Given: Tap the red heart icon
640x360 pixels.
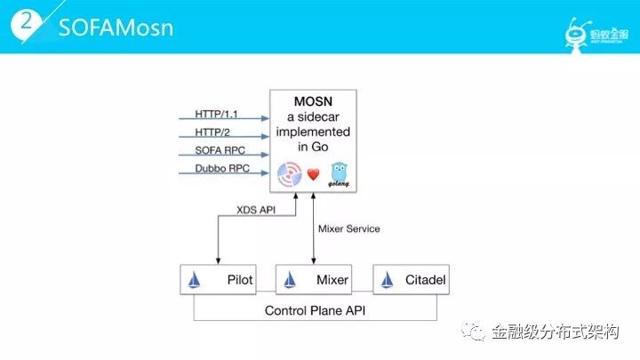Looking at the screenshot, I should [x=313, y=174].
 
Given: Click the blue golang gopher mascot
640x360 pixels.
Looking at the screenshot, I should [x=338, y=172].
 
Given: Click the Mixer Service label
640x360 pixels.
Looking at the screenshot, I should [x=348, y=228].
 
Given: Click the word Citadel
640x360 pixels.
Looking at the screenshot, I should [x=421, y=280].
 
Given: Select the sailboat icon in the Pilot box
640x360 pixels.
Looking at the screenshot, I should [x=196, y=281].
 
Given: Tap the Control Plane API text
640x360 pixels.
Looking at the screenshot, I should [x=316, y=310].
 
